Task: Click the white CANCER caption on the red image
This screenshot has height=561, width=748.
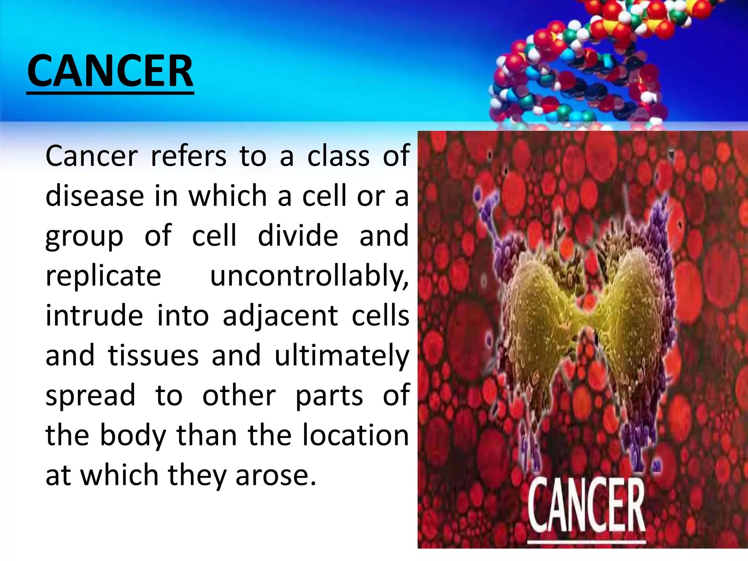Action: click(587, 506)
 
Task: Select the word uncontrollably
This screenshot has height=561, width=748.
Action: click(309, 276)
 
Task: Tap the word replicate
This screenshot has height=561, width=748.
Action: click(103, 276)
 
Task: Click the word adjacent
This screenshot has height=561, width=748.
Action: click(280, 316)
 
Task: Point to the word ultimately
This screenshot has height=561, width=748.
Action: click(342, 355)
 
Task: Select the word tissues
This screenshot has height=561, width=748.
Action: click(153, 355)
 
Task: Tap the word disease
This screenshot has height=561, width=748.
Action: click(95, 196)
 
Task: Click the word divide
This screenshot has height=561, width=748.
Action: click(298, 236)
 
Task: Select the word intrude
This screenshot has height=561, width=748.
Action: click(94, 316)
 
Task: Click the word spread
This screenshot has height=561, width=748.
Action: click(90, 396)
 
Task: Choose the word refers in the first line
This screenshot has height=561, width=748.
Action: click(189, 156)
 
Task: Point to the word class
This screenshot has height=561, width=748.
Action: click(338, 156)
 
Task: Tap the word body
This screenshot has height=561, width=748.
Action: click(133, 435)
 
